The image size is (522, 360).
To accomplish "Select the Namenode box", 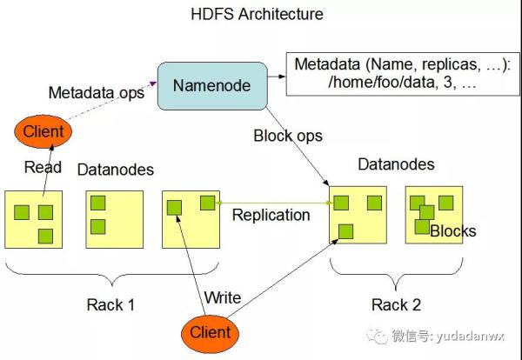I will (211, 85).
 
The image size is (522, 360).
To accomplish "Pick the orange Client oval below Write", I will (211, 331).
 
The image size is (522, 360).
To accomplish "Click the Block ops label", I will (288, 136).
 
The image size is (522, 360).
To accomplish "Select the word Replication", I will (271, 215).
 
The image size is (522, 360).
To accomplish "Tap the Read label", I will (43, 168).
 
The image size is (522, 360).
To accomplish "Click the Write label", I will (222, 298).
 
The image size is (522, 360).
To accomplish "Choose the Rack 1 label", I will (110, 304).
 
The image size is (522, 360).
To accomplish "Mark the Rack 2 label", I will (396, 304).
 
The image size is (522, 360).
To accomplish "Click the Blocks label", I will (453, 231).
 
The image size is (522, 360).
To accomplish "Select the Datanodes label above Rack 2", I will (396, 164).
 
